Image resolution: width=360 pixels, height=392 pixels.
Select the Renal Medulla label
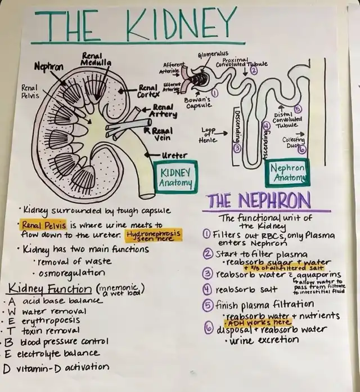[93, 60]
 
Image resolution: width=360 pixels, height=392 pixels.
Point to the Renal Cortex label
[148, 91]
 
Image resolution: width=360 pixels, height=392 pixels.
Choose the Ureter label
[174, 155]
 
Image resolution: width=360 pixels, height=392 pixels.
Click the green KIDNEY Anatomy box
[175, 177]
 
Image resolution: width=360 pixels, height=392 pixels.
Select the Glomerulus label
[212, 54]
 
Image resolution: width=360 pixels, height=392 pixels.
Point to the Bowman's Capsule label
[198, 103]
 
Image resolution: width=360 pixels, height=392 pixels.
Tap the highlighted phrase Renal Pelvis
[44, 225]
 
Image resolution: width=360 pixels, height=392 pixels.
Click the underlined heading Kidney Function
[49, 289]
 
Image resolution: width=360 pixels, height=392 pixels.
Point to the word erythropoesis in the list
[52, 320]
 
